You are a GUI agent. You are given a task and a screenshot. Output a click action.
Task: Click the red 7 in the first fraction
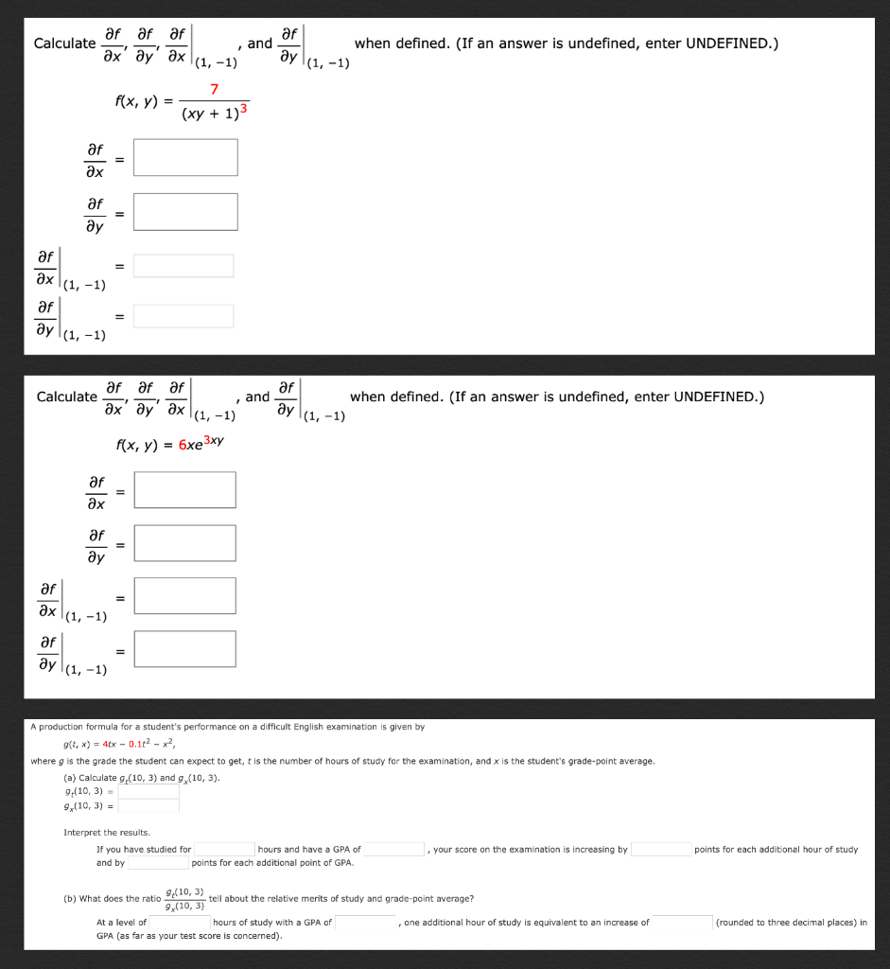coord(215,90)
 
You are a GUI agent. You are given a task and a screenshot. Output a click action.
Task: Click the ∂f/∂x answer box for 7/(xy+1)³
coord(185,157)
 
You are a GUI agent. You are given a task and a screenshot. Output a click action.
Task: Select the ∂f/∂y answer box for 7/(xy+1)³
coord(185,211)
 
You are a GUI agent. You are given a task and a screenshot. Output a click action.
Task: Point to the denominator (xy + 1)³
coord(215,114)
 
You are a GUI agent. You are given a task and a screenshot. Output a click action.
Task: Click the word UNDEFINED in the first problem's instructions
coord(730,44)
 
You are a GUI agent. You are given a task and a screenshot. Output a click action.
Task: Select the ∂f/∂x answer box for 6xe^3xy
coord(184,489)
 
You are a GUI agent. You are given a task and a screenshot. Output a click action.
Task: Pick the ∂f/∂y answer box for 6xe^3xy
coord(184,543)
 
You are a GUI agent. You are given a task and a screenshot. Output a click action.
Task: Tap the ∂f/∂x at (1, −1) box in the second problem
coord(184,596)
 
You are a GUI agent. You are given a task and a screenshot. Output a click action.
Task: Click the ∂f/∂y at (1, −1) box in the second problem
coord(184,649)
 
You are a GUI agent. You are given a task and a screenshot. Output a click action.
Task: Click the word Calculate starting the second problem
coord(66,396)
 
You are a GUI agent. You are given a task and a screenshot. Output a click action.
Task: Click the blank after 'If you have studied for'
coord(224,850)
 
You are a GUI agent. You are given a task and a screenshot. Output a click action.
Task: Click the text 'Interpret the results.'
coord(107,833)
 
